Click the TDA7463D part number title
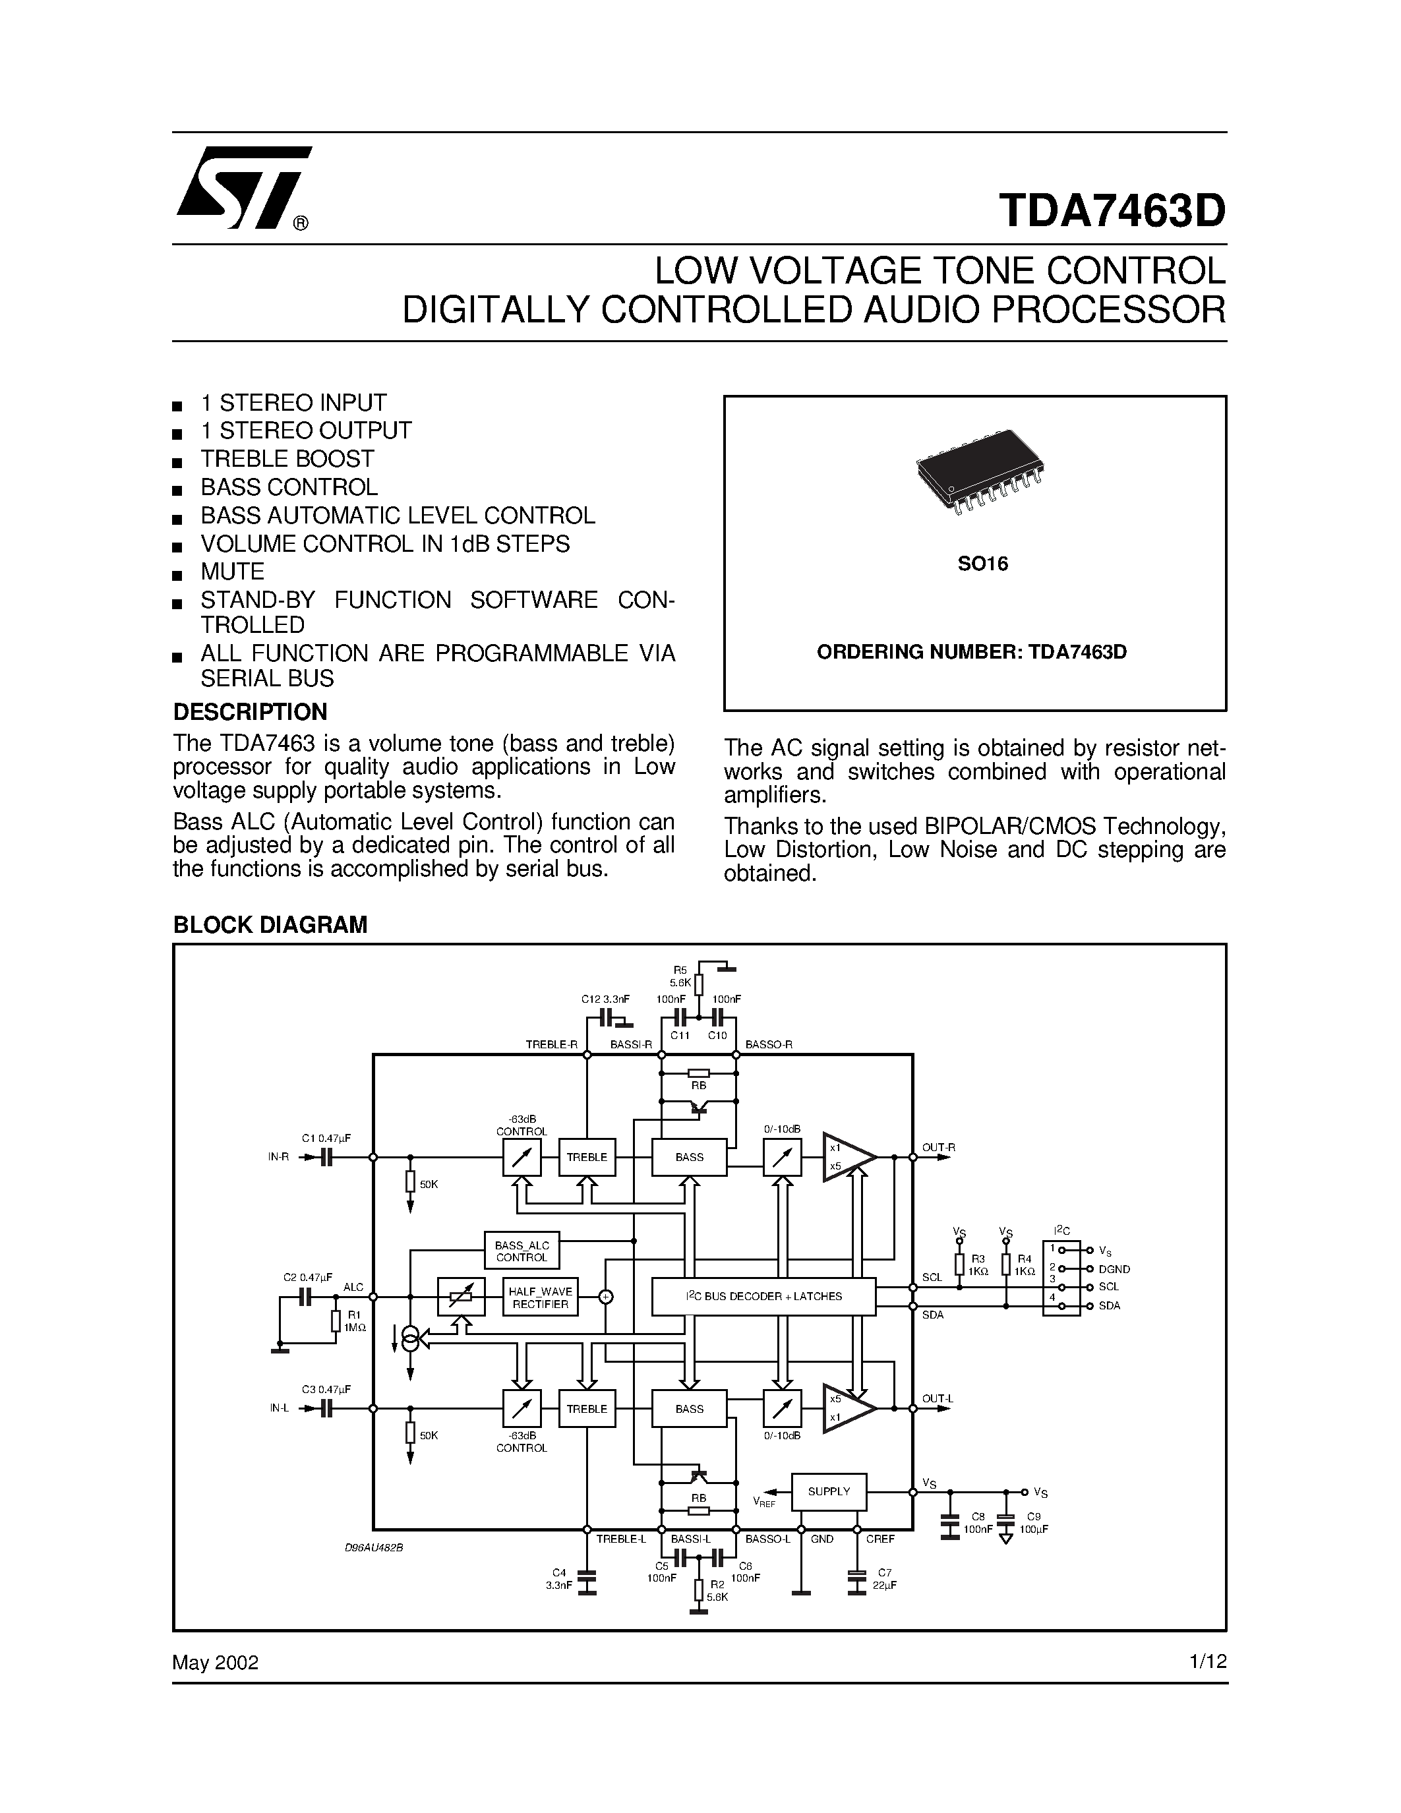[x=1112, y=211]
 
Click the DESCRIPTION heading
[x=250, y=711]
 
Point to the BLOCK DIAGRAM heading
[x=270, y=925]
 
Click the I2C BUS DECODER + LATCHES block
[x=763, y=1296]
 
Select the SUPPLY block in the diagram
[x=828, y=1492]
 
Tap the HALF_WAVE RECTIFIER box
[x=541, y=1297]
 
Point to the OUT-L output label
[x=938, y=1399]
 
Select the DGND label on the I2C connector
[x=1114, y=1269]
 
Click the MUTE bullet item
[x=232, y=572]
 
